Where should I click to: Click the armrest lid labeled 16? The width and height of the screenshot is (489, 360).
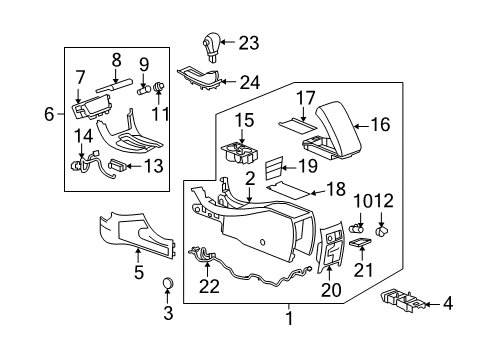click(x=341, y=132)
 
